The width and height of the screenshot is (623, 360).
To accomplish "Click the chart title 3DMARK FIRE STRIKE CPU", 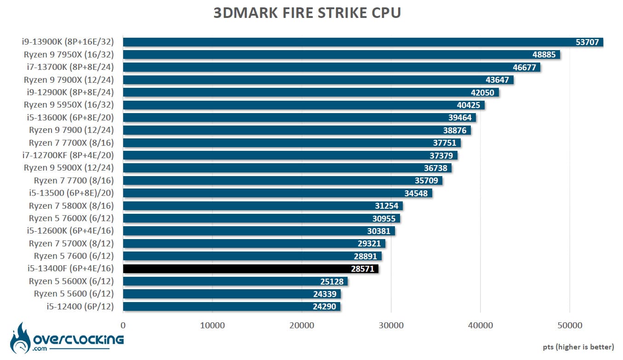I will point(307,13).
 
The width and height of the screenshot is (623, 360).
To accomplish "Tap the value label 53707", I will point(587,42).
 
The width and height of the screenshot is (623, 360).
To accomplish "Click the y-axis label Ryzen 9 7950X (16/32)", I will point(69,55).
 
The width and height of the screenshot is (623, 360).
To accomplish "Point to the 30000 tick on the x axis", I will point(391,326).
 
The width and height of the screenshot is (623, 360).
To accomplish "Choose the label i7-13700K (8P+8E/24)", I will point(70,67).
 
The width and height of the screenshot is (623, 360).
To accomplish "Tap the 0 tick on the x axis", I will point(123,326).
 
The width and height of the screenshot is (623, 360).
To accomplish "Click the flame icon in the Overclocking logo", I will point(20,338).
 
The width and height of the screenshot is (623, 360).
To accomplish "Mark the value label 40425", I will point(468,105).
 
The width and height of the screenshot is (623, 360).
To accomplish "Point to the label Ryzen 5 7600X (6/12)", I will point(71,218).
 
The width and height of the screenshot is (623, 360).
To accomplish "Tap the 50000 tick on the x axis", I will point(569,326).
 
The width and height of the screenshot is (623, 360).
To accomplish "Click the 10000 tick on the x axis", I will point(212,326).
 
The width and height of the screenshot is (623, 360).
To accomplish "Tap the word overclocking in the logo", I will point(79,340).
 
